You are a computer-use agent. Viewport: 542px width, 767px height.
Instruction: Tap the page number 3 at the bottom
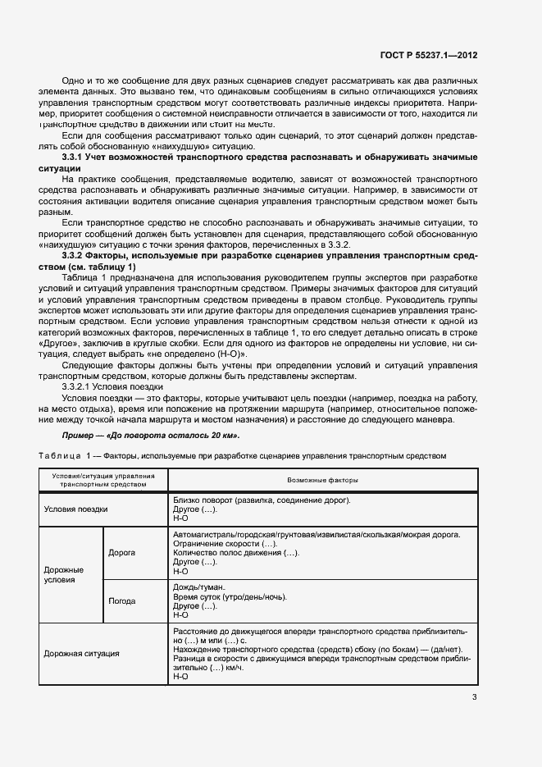[475, 698]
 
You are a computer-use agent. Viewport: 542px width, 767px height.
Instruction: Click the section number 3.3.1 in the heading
[76, 156]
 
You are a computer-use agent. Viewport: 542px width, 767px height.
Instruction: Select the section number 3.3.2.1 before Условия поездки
[80, 386]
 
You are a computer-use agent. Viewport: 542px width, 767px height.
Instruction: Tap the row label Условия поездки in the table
[75, 508]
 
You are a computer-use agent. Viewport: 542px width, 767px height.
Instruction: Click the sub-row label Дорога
[121, 552]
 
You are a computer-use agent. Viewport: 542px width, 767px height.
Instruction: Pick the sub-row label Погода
[122, 600]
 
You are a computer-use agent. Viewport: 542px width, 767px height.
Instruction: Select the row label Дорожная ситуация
[81, 654]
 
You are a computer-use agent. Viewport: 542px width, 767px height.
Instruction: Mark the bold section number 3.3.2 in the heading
[76, 255]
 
